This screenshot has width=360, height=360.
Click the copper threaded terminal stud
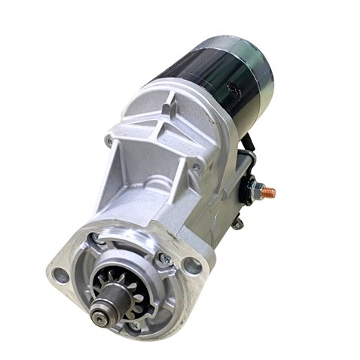[x=268, y=193]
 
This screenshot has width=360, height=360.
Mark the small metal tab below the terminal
[x=237, y=222]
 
